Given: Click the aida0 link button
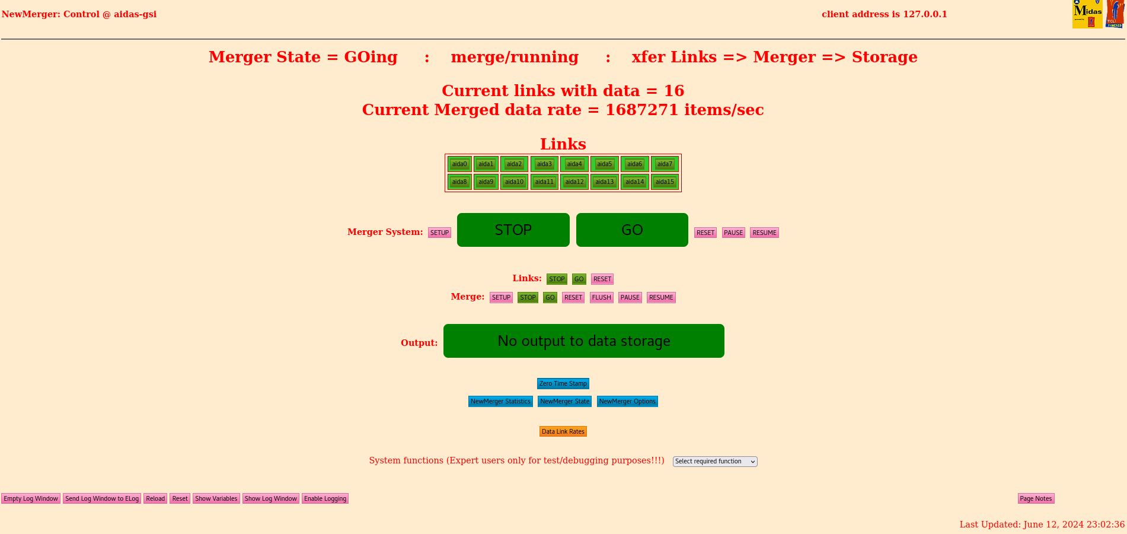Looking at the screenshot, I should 459,164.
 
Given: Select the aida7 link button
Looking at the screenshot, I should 665,164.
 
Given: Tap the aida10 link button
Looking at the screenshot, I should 514,182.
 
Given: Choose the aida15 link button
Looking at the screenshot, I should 665,182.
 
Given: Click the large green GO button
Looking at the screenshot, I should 632,230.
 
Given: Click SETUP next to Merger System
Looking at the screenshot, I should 439,233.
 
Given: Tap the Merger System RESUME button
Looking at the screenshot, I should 764,233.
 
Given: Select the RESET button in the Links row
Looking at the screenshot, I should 602,279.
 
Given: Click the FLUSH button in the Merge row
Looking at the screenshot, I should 601,297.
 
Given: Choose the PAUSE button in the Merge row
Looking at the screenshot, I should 630,297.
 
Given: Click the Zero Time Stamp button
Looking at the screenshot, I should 563,384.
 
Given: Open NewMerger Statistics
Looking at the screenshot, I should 500,402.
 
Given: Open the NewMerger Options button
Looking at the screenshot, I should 627,402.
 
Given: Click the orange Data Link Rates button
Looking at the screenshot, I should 563,431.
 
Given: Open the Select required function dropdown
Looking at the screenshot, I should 715,462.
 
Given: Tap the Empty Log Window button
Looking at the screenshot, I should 31,498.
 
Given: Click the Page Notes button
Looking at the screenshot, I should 1036,498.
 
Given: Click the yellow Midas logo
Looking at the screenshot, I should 1087,14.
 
